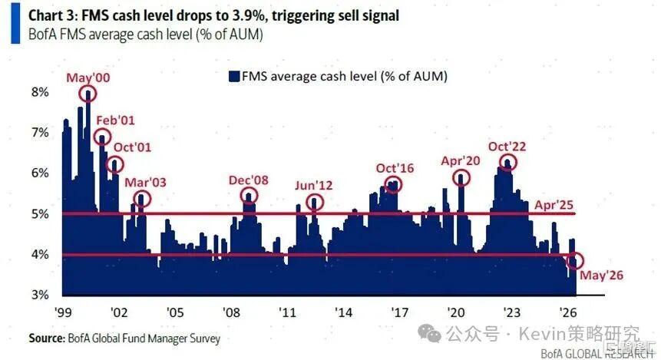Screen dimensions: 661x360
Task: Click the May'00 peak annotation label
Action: tap(88, 78)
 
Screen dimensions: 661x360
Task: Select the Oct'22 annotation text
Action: tap(507, 147)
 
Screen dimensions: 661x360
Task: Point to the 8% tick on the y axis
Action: tap(40, 92)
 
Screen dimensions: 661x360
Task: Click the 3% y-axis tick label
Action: tap(40, 294)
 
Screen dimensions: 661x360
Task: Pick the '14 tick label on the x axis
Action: tap(344, 312)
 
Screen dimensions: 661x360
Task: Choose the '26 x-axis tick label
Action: tap(568, 312)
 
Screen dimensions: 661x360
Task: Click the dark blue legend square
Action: tap(234, 76)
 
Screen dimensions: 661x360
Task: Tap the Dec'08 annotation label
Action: tap(248, 180)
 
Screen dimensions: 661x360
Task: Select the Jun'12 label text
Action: tap(314, 186)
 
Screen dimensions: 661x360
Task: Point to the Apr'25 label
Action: tap(554, 205)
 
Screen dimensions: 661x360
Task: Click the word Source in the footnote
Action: tap(46, 338)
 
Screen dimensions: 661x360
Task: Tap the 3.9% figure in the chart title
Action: tap(250, 16)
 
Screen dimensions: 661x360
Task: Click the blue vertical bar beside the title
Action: tap(15, 24)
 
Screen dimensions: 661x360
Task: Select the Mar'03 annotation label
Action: tap(145, 183)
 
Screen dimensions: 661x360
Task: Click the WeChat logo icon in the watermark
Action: tap(429, 334)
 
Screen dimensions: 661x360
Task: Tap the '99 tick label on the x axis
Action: tap(63, 312)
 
